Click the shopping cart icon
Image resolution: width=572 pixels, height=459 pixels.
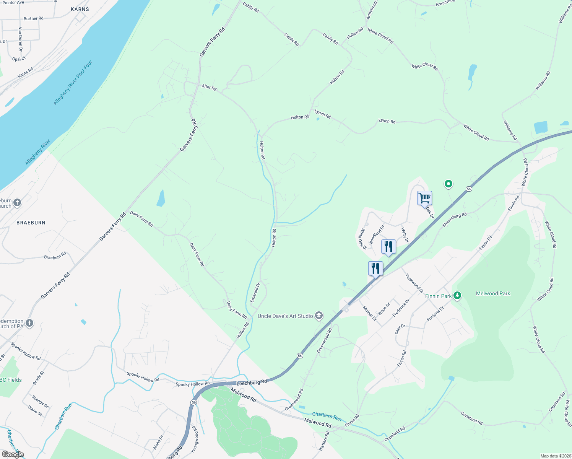pyautogui.click(x=424, y=198)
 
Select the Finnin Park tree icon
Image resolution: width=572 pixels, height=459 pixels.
pyautogui.click(x=457, y=296)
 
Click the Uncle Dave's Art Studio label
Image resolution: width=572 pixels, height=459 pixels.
pyautogui.click(x=285, y=316)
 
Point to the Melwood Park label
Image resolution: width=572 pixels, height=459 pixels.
pyautogui.click(x=493, y=293)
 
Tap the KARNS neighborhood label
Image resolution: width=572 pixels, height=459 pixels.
pyautogui.click(x=80, y=9)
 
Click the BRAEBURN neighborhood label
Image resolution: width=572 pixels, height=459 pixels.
pyautogui.click(x=31, y=223)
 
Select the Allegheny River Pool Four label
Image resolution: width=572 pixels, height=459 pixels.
pyautogui.click(x=73, y=83)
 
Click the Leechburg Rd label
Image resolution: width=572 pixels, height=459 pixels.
pyautogui.click(x=252, y=382)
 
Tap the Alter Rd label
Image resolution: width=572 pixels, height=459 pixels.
pyautogui.click(x=209, y=87)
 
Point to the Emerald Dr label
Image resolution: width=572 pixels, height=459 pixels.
pyautogui.click(x=255, y=293)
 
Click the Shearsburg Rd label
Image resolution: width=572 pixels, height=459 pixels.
pyautogui.click(x=454, y=220)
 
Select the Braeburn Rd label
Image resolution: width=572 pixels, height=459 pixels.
pyautogui.click(x=55, y=256)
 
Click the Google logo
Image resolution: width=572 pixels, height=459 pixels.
pyautogui.click(x=13, y=454)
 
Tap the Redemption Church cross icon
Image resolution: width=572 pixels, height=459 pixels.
pyautogui.click(x=29, y=323)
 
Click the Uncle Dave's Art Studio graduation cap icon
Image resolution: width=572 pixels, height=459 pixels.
pyautogui.click(x=319, y=316)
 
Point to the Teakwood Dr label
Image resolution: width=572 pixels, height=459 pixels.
pyautogui.click(x=414, y=283)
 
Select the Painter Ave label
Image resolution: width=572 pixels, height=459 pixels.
pyautogui.click(x=13, y=3)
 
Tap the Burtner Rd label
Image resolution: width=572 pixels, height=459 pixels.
pyautogui.click(x=34, y=18)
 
